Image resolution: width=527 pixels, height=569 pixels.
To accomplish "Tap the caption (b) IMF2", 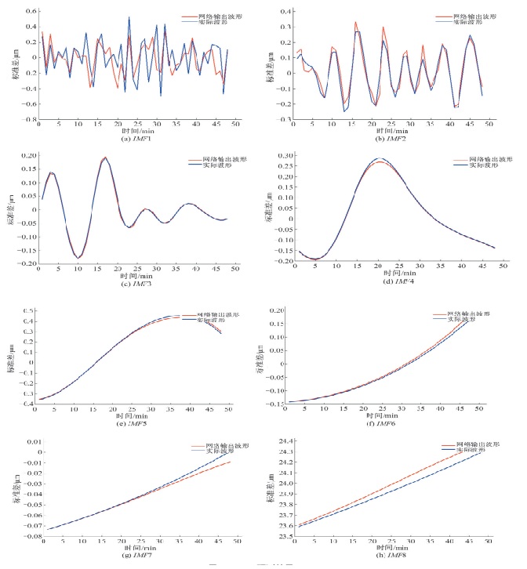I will [x=390, y=138].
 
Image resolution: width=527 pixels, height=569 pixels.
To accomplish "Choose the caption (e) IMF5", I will [x=129, y=424].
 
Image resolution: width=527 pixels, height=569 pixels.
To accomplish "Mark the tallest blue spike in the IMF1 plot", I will [x=129, y=17].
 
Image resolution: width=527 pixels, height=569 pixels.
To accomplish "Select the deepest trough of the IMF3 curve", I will [x=79, y=257].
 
